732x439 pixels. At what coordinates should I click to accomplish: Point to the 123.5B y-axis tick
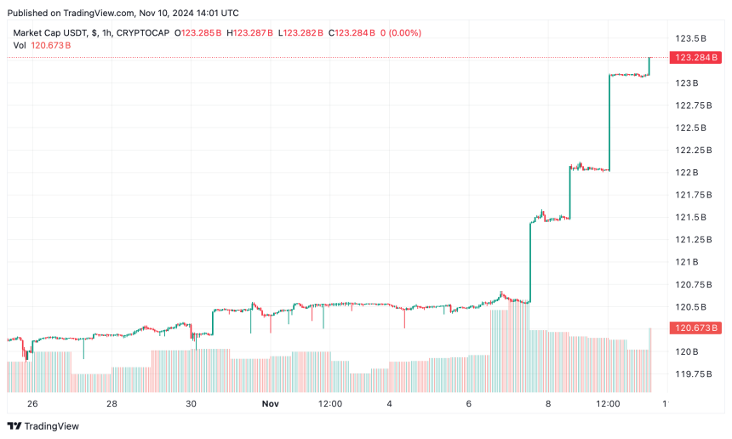click(x=692, y=39)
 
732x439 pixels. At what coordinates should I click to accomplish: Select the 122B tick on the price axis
click(x=687, y=173)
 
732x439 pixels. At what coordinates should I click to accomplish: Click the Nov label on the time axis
click(x=269, y=403)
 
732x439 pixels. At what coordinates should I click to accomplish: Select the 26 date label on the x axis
click(x=33, y=403)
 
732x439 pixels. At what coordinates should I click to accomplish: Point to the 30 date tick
click(x=191, y=403)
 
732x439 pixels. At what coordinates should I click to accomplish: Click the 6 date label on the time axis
click(x=469, y=403)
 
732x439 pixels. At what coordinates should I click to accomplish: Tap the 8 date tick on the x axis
click(x=548, y=403)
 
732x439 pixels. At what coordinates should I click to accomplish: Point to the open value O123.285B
click(x=197, y=33)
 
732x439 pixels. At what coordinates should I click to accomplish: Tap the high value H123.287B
click(x=250, y=33)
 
